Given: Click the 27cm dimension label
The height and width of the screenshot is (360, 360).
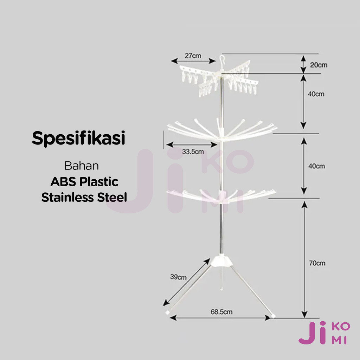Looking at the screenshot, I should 193,55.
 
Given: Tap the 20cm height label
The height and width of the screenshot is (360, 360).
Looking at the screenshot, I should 319,65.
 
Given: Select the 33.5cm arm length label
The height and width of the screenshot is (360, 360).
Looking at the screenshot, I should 193,152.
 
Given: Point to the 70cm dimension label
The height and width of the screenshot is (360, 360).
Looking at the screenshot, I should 317,263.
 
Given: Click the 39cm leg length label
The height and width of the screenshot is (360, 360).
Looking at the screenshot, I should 178,277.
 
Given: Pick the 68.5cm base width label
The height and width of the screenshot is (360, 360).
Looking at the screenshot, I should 221,311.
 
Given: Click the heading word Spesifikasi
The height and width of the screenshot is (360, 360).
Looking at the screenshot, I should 78,139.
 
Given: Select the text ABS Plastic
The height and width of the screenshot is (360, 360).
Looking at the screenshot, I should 84,182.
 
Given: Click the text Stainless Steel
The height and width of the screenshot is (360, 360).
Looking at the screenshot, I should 84,197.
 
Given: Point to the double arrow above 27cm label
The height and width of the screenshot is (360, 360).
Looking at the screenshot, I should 193,61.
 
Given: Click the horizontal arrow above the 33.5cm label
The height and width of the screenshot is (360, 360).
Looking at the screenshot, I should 192,144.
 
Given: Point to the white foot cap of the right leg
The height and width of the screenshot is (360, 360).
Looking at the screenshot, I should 272,316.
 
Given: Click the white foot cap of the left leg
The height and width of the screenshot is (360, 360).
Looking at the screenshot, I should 168,311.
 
